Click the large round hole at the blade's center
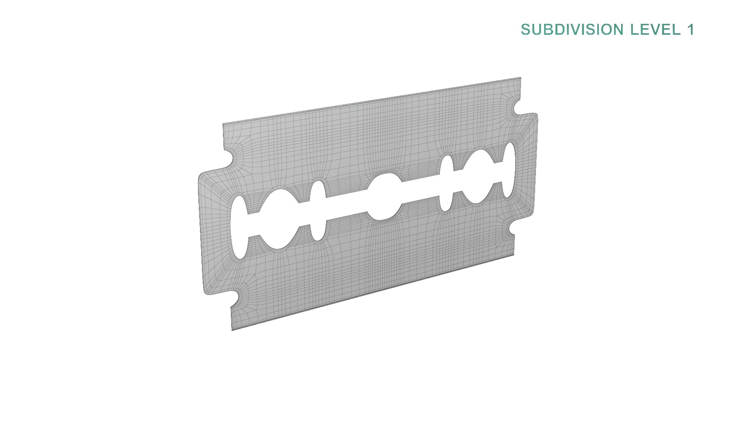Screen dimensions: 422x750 click(x=385, y=197)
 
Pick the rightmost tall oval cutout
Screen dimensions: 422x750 click(x=508, y=170)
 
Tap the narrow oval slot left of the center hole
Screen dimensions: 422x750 click(x=318, y=210)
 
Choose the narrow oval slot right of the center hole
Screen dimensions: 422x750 click(x=446, y=183)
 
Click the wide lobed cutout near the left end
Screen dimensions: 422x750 click(x=278, y=219)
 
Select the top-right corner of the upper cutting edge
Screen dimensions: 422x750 click(x=520, y=79)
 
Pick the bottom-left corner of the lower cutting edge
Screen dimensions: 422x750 click(x=232, y=329)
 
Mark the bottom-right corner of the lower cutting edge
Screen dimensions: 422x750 click(x=513, y=255)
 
